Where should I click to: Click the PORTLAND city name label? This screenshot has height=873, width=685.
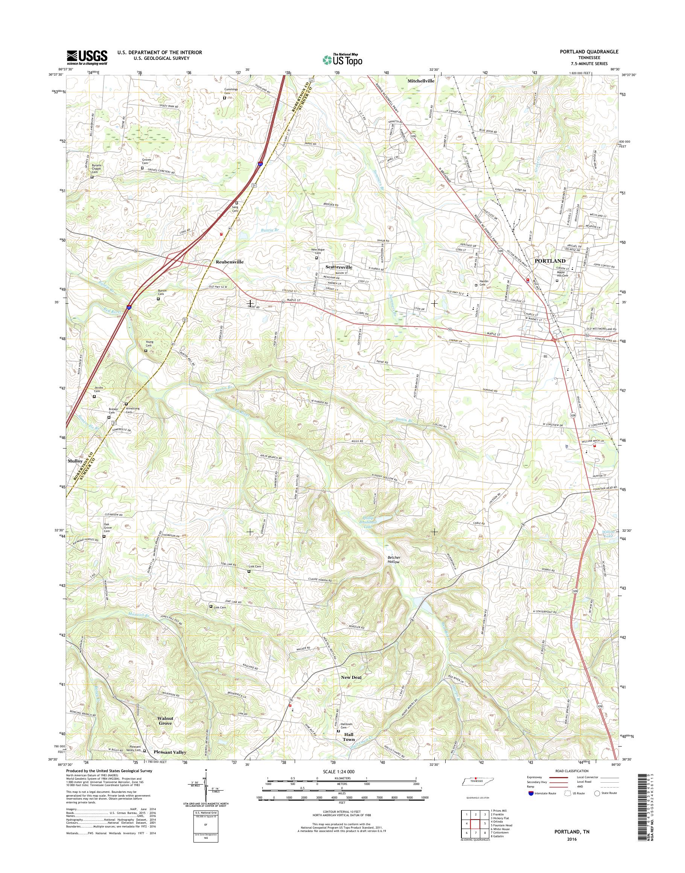(x=550, y=261)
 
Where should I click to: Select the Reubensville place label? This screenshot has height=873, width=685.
(x=230, y=262)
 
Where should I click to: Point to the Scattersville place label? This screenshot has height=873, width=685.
(x=338, y=267)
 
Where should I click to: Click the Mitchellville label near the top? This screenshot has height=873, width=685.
(x=421, y=81)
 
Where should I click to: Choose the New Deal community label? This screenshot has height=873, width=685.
(x=351, y=677)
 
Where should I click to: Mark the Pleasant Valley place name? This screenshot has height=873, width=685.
(x=170, y=752)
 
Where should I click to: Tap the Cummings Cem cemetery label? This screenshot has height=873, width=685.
(x=231, y=91)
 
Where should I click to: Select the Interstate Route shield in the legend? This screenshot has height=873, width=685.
(x=531, y=793)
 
